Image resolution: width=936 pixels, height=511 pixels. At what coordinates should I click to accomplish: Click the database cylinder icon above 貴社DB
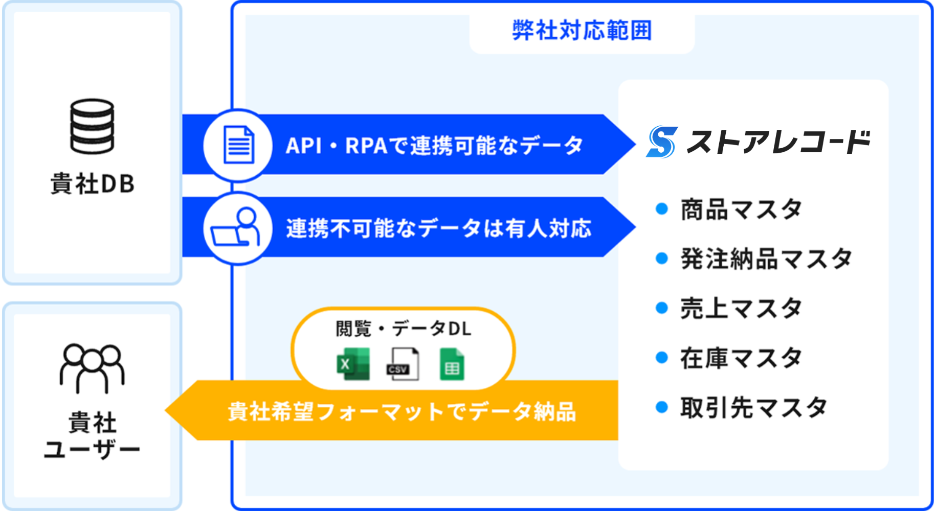click(92, 126)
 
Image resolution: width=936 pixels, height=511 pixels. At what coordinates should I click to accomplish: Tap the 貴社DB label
click(93, 184)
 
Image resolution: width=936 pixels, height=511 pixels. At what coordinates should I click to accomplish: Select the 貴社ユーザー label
click(92, 436)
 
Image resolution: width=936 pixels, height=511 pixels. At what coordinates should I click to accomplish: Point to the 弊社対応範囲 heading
click(582, 31)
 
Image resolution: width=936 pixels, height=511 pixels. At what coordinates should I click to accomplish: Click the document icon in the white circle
click(239, 145)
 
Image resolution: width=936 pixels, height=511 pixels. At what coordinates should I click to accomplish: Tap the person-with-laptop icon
click(237, 228)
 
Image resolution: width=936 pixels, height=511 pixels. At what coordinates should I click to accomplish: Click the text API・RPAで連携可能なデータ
click(434, 146)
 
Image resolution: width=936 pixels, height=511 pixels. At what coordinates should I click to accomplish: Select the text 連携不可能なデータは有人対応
click(439, 228)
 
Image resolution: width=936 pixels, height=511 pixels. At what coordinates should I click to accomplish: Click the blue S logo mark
click(662, 142)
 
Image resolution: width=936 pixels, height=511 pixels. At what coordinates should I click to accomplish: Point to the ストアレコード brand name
click(778, 142)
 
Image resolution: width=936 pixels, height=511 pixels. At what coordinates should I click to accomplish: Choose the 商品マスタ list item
click(741, 209)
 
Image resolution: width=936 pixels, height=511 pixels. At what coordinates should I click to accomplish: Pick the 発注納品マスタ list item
click(766, 259)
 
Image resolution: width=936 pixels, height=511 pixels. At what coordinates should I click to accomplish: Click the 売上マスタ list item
click(741, 308)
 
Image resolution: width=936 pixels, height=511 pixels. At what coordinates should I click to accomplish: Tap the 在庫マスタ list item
click(741, 358)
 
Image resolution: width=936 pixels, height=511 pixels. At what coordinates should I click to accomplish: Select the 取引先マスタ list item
click(753, 407)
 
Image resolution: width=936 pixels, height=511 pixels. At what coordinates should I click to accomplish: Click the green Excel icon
click(353, 364)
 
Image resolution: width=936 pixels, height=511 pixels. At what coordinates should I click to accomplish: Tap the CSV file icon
click(403, 364)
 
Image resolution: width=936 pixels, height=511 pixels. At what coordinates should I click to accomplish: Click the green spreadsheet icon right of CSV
click(452, 364)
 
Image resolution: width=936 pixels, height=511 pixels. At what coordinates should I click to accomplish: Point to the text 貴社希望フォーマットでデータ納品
click(402, 411)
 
